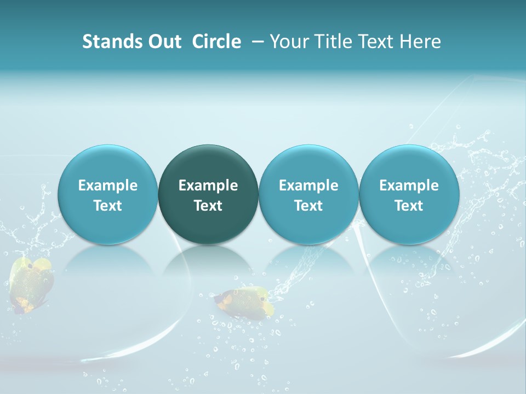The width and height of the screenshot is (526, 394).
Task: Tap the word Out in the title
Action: click(163, 42)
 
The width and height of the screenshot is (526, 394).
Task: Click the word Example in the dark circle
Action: click(208, 186)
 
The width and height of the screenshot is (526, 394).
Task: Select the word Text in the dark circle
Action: click(208, 206)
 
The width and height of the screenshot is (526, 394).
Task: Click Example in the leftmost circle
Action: click(107, 186)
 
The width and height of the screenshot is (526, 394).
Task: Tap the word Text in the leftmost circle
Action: click(107, 206)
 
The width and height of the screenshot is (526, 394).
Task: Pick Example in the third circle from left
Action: click(308, 186)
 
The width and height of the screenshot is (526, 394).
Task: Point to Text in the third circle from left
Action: click(308, 206)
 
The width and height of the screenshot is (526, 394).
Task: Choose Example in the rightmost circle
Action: click(409, 186)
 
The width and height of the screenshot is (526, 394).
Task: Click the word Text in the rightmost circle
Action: click(409, 206)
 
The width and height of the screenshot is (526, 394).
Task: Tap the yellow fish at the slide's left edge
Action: click(32, 285)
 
